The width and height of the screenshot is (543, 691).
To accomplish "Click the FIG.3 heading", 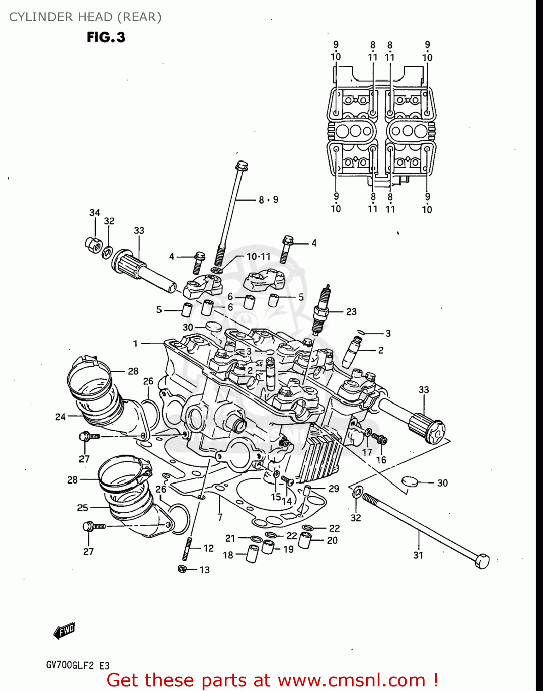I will click(x=106, y=37).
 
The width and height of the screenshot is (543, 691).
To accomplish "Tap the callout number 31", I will click(x=418, y=556).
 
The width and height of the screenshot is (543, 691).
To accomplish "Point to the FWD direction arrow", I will click(x=64, y=631).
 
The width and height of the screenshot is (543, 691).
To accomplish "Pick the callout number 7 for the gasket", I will click(x=220, y=517).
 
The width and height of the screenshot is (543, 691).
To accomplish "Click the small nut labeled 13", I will click(x=182, y=569).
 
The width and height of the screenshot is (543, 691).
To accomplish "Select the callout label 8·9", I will click(x=269, y=200).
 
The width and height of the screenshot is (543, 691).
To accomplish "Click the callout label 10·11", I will click(x=258, y=257).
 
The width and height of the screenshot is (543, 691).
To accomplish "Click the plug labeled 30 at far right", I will click(x=409, y=481).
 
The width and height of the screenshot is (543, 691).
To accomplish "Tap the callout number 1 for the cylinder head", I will click(x=135, y=344).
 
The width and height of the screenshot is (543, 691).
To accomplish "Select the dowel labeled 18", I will click(x=252, y=553).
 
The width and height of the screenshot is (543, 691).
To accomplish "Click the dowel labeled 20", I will click(x=306, y=540).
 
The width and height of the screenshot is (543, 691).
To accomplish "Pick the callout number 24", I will click(x=60, y=417).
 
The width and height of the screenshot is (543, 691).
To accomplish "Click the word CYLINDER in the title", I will click(x=41, y=17).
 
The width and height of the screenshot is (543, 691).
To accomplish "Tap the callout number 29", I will click(x=334, y=489).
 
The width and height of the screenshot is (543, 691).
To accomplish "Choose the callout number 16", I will click(x=381, y=460).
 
